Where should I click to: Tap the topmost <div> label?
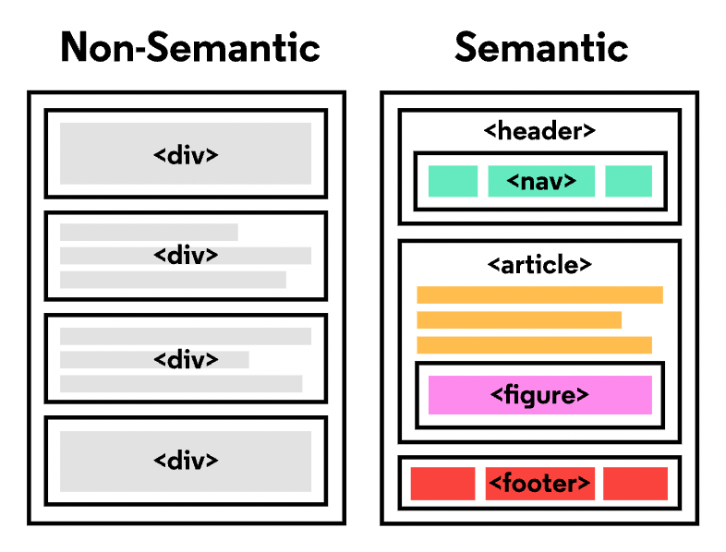pos(186,154)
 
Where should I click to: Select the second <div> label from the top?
pos(186,255)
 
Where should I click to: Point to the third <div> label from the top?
pos(186,359)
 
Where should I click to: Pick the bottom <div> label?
pos(186,460)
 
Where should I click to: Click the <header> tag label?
pos(539,131)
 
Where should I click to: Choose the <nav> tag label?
pos(541,181)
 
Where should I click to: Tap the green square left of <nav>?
pos(453,181)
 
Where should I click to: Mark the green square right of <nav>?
pos(628,181)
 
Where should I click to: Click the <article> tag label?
pos(539,265)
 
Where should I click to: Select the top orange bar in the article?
pos(539,295)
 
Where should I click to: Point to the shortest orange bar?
pos(518,320)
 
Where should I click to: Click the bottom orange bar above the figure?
pos(534,345)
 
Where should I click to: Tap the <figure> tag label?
pos(539,395)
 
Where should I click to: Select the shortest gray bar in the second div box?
pos(149,232)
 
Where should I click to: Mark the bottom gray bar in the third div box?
pos(181,383)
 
